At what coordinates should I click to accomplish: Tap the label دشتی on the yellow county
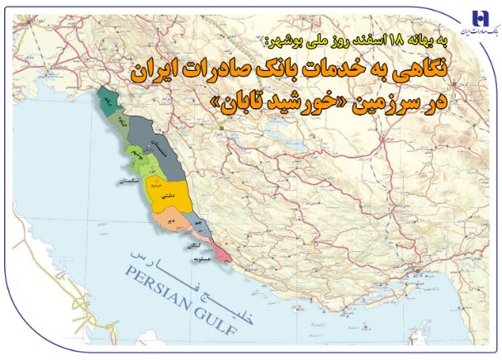(166, 196)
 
